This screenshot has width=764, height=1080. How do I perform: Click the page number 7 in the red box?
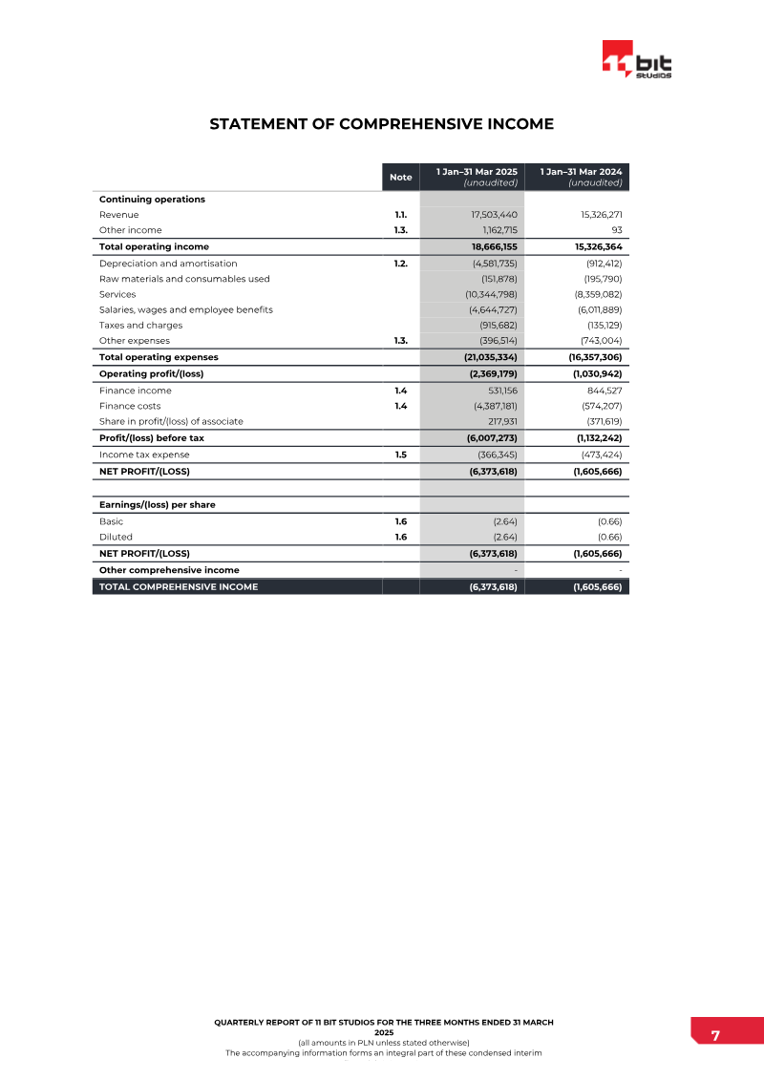[x=715, y=1036]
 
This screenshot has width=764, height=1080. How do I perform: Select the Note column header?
[x=401, y=177]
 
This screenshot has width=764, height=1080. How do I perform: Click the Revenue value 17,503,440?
[x=494, y=215]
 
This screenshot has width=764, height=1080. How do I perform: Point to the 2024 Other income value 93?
[x=616, y=230]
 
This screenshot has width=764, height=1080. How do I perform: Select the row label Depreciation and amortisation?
[x=168, y=264]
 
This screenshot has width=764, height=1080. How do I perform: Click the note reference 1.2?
[x=401, y=264]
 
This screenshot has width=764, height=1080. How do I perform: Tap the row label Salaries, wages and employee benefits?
[x=185, y=309]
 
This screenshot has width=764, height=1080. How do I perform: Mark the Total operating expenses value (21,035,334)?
[x=484, y=357]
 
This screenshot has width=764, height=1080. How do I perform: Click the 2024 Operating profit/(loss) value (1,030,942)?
[x=589, y=373]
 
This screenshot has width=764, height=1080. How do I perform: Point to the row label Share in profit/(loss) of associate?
[x=171, y=421]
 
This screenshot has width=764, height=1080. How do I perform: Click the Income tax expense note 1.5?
[x=401, y=455]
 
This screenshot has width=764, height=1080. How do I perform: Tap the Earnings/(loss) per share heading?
[x=157, y=504]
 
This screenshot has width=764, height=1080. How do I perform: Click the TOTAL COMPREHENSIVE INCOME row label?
[x=179, y=587]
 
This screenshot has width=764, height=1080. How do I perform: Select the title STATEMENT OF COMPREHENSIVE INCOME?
[x=381, y=124]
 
